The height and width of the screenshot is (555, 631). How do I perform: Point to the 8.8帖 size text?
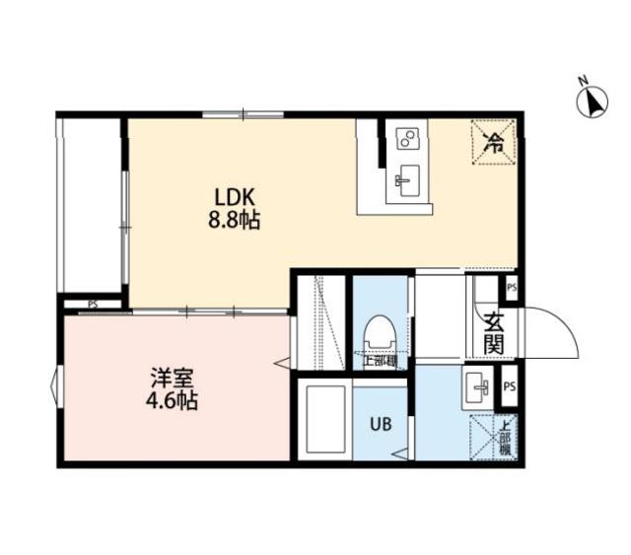coord(234,222)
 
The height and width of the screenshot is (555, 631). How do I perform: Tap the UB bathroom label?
coord(380,425)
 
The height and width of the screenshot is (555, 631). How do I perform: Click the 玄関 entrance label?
coord(492,332)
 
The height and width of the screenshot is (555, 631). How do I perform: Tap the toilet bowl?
coord(380,332)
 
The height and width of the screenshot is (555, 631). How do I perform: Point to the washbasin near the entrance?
coord(480,387)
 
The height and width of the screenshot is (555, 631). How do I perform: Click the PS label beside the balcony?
coord(92,304)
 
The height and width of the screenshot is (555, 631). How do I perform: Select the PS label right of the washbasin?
coord(510,385)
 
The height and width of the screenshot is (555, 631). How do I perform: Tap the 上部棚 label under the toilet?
coord(380,361)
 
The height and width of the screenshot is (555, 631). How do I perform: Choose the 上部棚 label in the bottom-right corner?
coord(505,437)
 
